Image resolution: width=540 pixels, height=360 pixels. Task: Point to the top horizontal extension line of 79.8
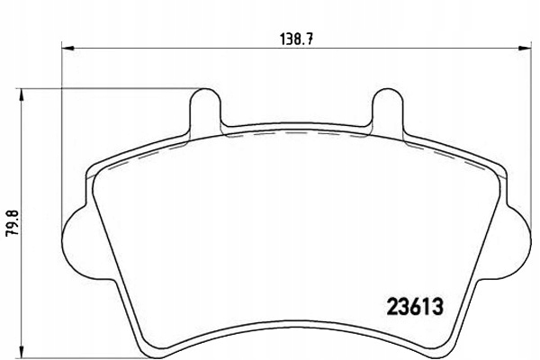pos(108,88)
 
